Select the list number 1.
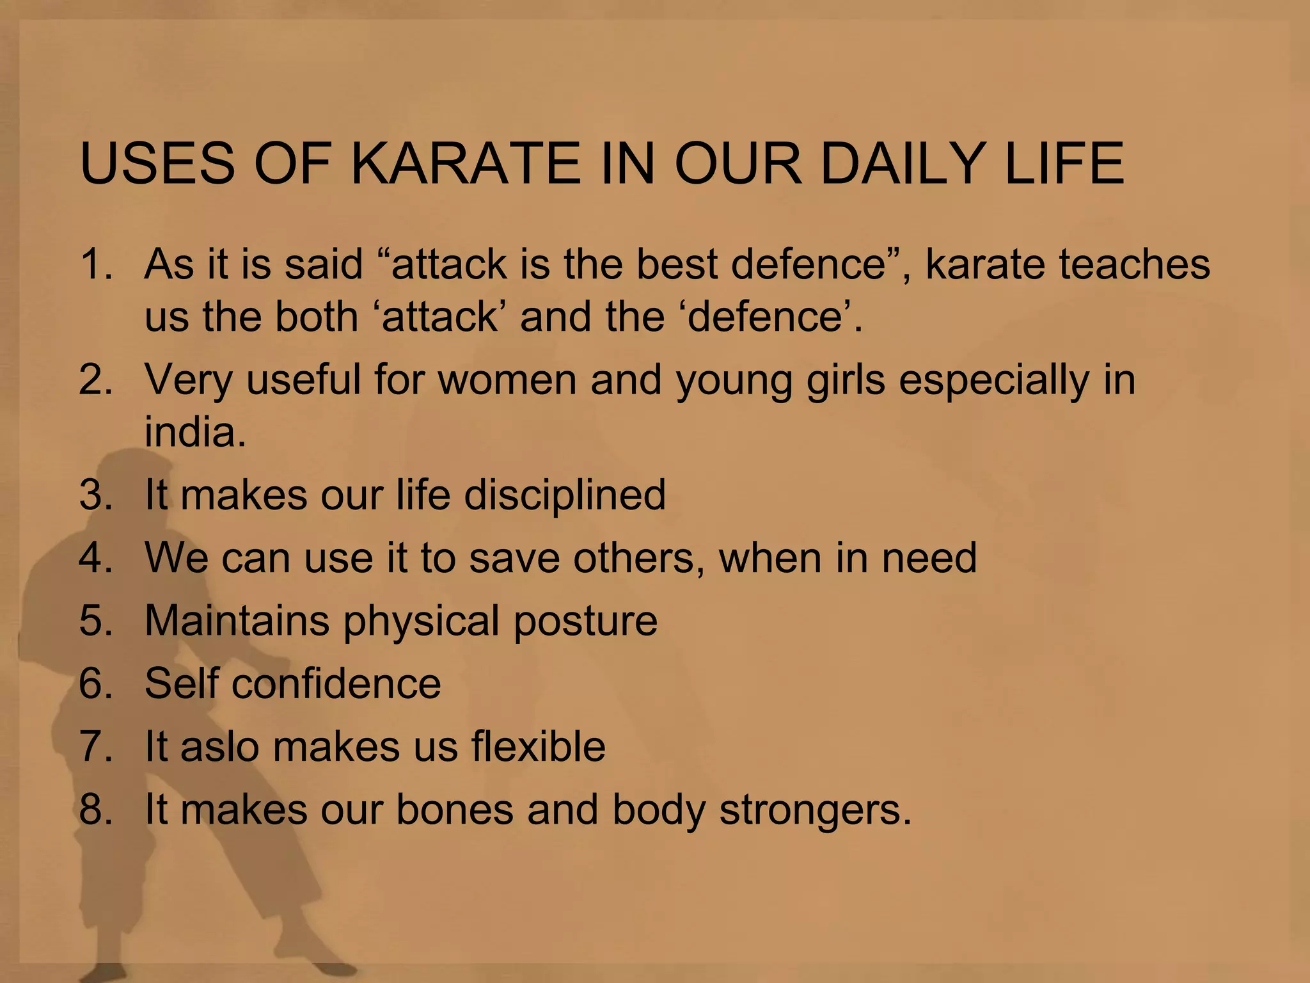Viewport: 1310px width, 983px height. click(96, 264)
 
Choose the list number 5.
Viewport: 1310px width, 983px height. click(96, 620)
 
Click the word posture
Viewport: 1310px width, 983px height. click(585, 620)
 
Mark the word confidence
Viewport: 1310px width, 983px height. click(336, 683)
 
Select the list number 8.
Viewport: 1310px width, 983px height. click(96, 809)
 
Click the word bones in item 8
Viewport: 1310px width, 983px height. click(455, 809)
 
